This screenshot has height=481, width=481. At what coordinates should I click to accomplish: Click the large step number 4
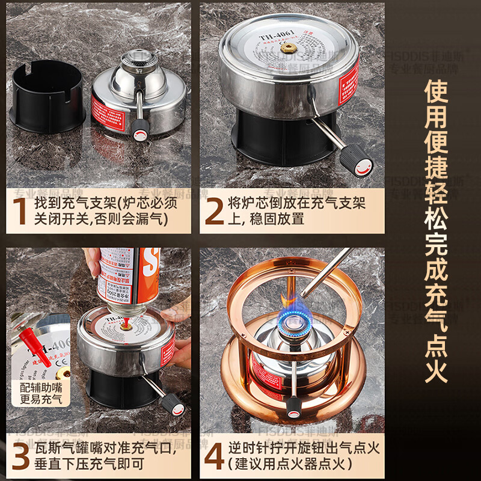click(x=214, y=455)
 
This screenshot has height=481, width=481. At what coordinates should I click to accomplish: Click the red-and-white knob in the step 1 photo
click(x=141, y=129)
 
